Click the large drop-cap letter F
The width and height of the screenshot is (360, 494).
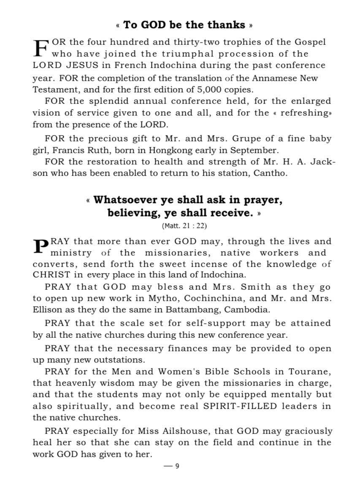click(x=41, y=48)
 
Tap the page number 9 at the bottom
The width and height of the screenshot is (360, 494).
click(x=177, y=466)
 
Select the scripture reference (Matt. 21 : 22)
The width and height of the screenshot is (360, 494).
click(x=184, y=226)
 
